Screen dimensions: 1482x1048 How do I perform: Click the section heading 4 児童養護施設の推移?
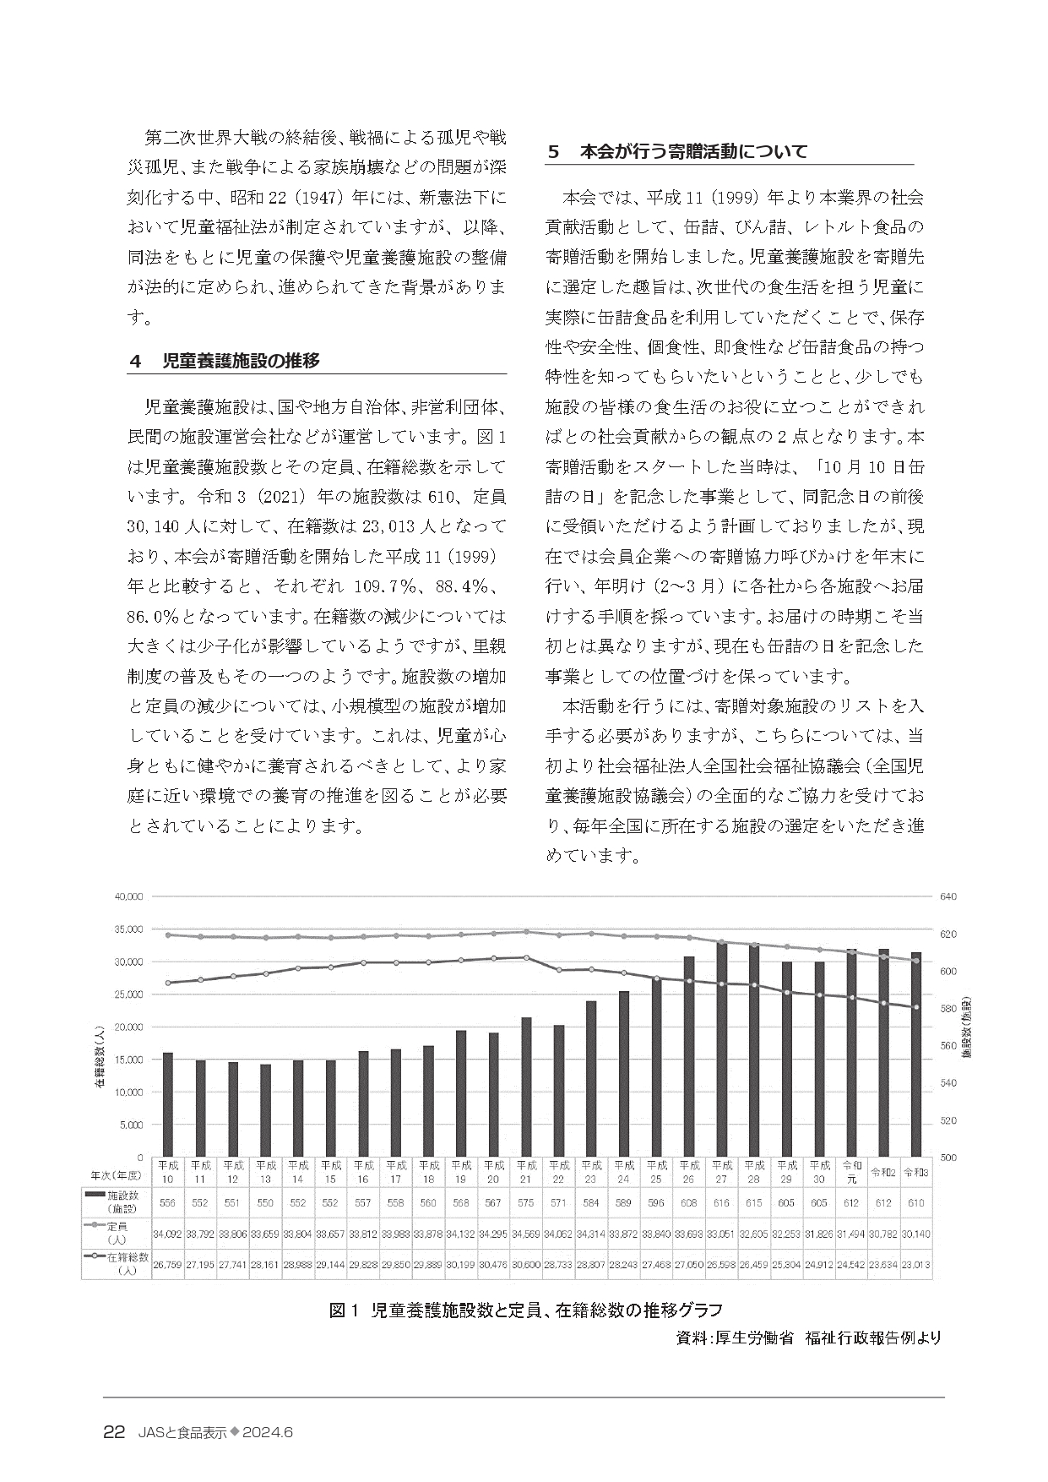tap(225, 361)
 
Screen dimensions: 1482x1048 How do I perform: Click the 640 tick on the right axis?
tap(948, 896)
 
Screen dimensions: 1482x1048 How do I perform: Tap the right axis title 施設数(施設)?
tap(969, 1027)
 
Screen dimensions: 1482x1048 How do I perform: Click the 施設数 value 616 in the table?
tap(722, 1202)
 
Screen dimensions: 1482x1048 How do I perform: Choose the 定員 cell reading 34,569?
tap(526, 1234)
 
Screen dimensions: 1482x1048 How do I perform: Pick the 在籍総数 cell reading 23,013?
tap(915, 1266)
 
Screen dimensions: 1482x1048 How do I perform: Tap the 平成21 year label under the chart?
tap(526, 1170)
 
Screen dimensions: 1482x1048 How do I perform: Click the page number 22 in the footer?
tap(114, 1432)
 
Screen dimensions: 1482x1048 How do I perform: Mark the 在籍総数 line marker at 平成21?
tap(526, 957)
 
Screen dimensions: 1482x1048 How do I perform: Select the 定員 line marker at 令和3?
tap(916, 961)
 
